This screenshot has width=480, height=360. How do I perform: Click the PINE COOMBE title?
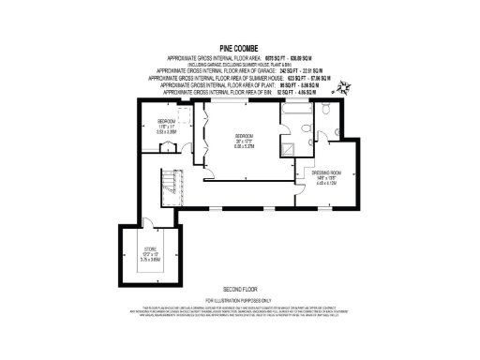[239, 44]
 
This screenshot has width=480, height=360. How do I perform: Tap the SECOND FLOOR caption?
[239, 289]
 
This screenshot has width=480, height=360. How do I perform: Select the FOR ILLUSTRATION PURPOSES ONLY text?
[239, 298]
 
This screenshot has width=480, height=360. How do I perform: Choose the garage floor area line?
[239, 70]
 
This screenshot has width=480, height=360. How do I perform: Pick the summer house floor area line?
[239, 77]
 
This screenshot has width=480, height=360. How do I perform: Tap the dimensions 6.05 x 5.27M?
[246, 146]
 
